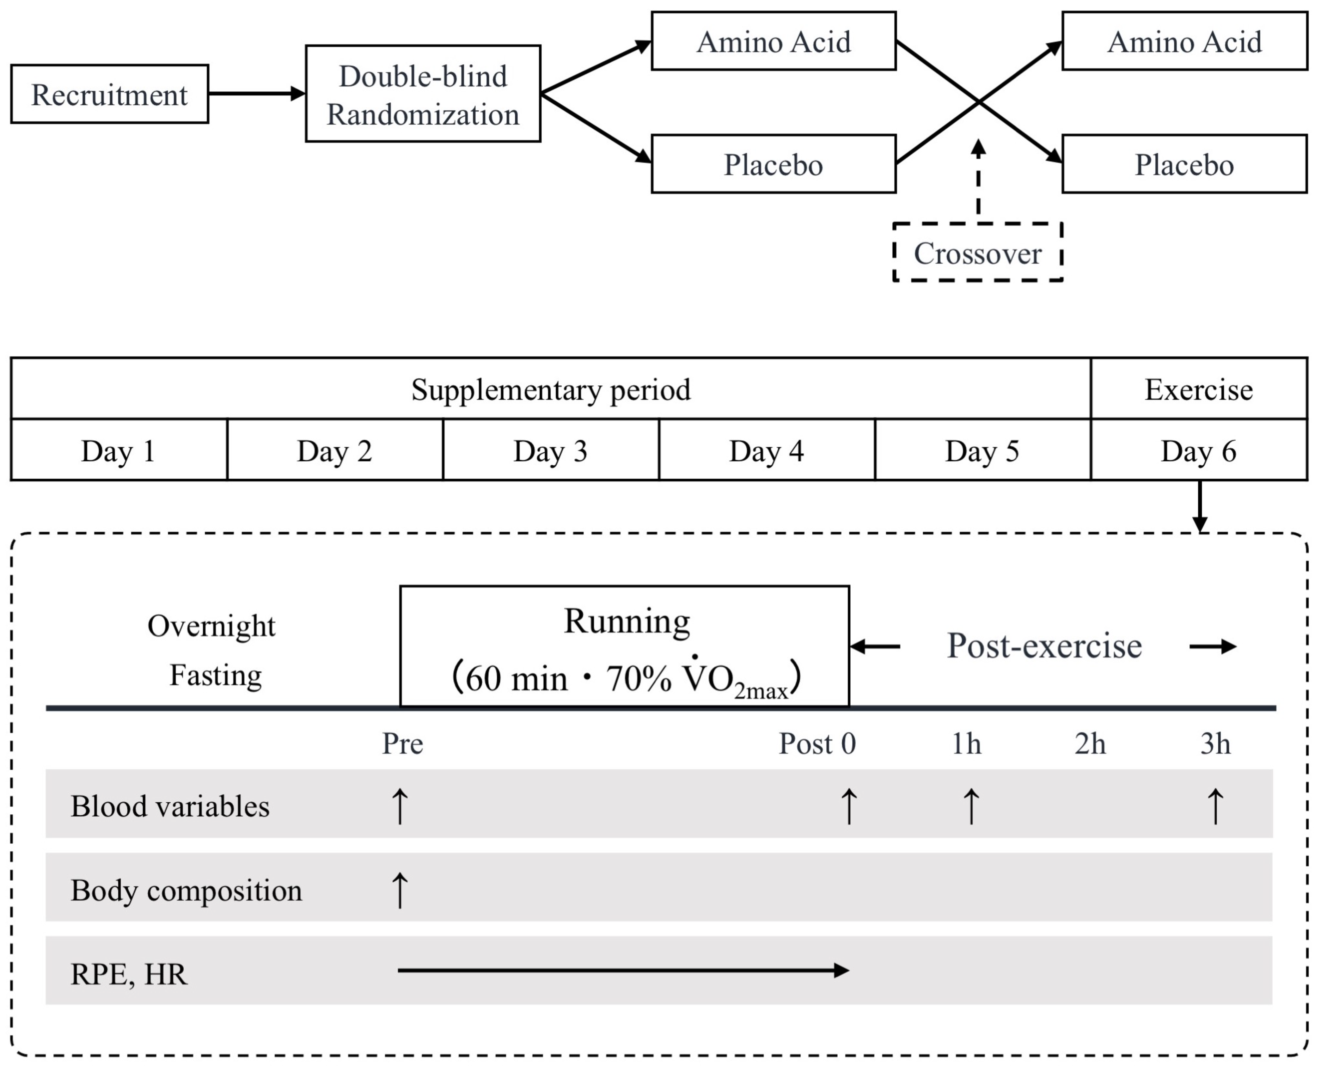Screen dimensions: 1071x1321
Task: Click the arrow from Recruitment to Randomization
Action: (x=256, y=94)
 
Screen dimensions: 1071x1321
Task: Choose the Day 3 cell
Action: (x=550, y=450)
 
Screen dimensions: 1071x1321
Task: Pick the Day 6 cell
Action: (x=1198, y=450)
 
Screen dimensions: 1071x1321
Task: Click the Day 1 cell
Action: (x=119, y=450)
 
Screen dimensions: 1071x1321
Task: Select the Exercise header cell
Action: (x=1198, y=389)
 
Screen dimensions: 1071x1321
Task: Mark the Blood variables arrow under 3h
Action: (x=1215, y=806)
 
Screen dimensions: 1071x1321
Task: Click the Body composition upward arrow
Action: (x=400, y=890)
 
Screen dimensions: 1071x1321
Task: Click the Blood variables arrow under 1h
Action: (x=970, y=806)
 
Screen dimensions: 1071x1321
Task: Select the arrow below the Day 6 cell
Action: (x=1199, y=506)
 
